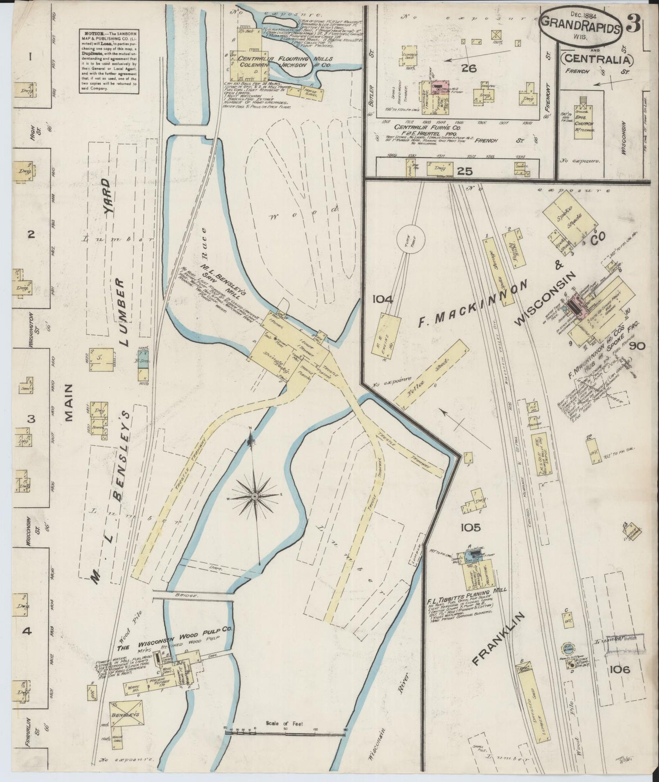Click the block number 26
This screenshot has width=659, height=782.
click(x=468, y=68)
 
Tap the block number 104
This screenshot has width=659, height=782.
click(x=382, y=299)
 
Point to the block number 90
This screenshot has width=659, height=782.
click(x=637, y=346)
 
